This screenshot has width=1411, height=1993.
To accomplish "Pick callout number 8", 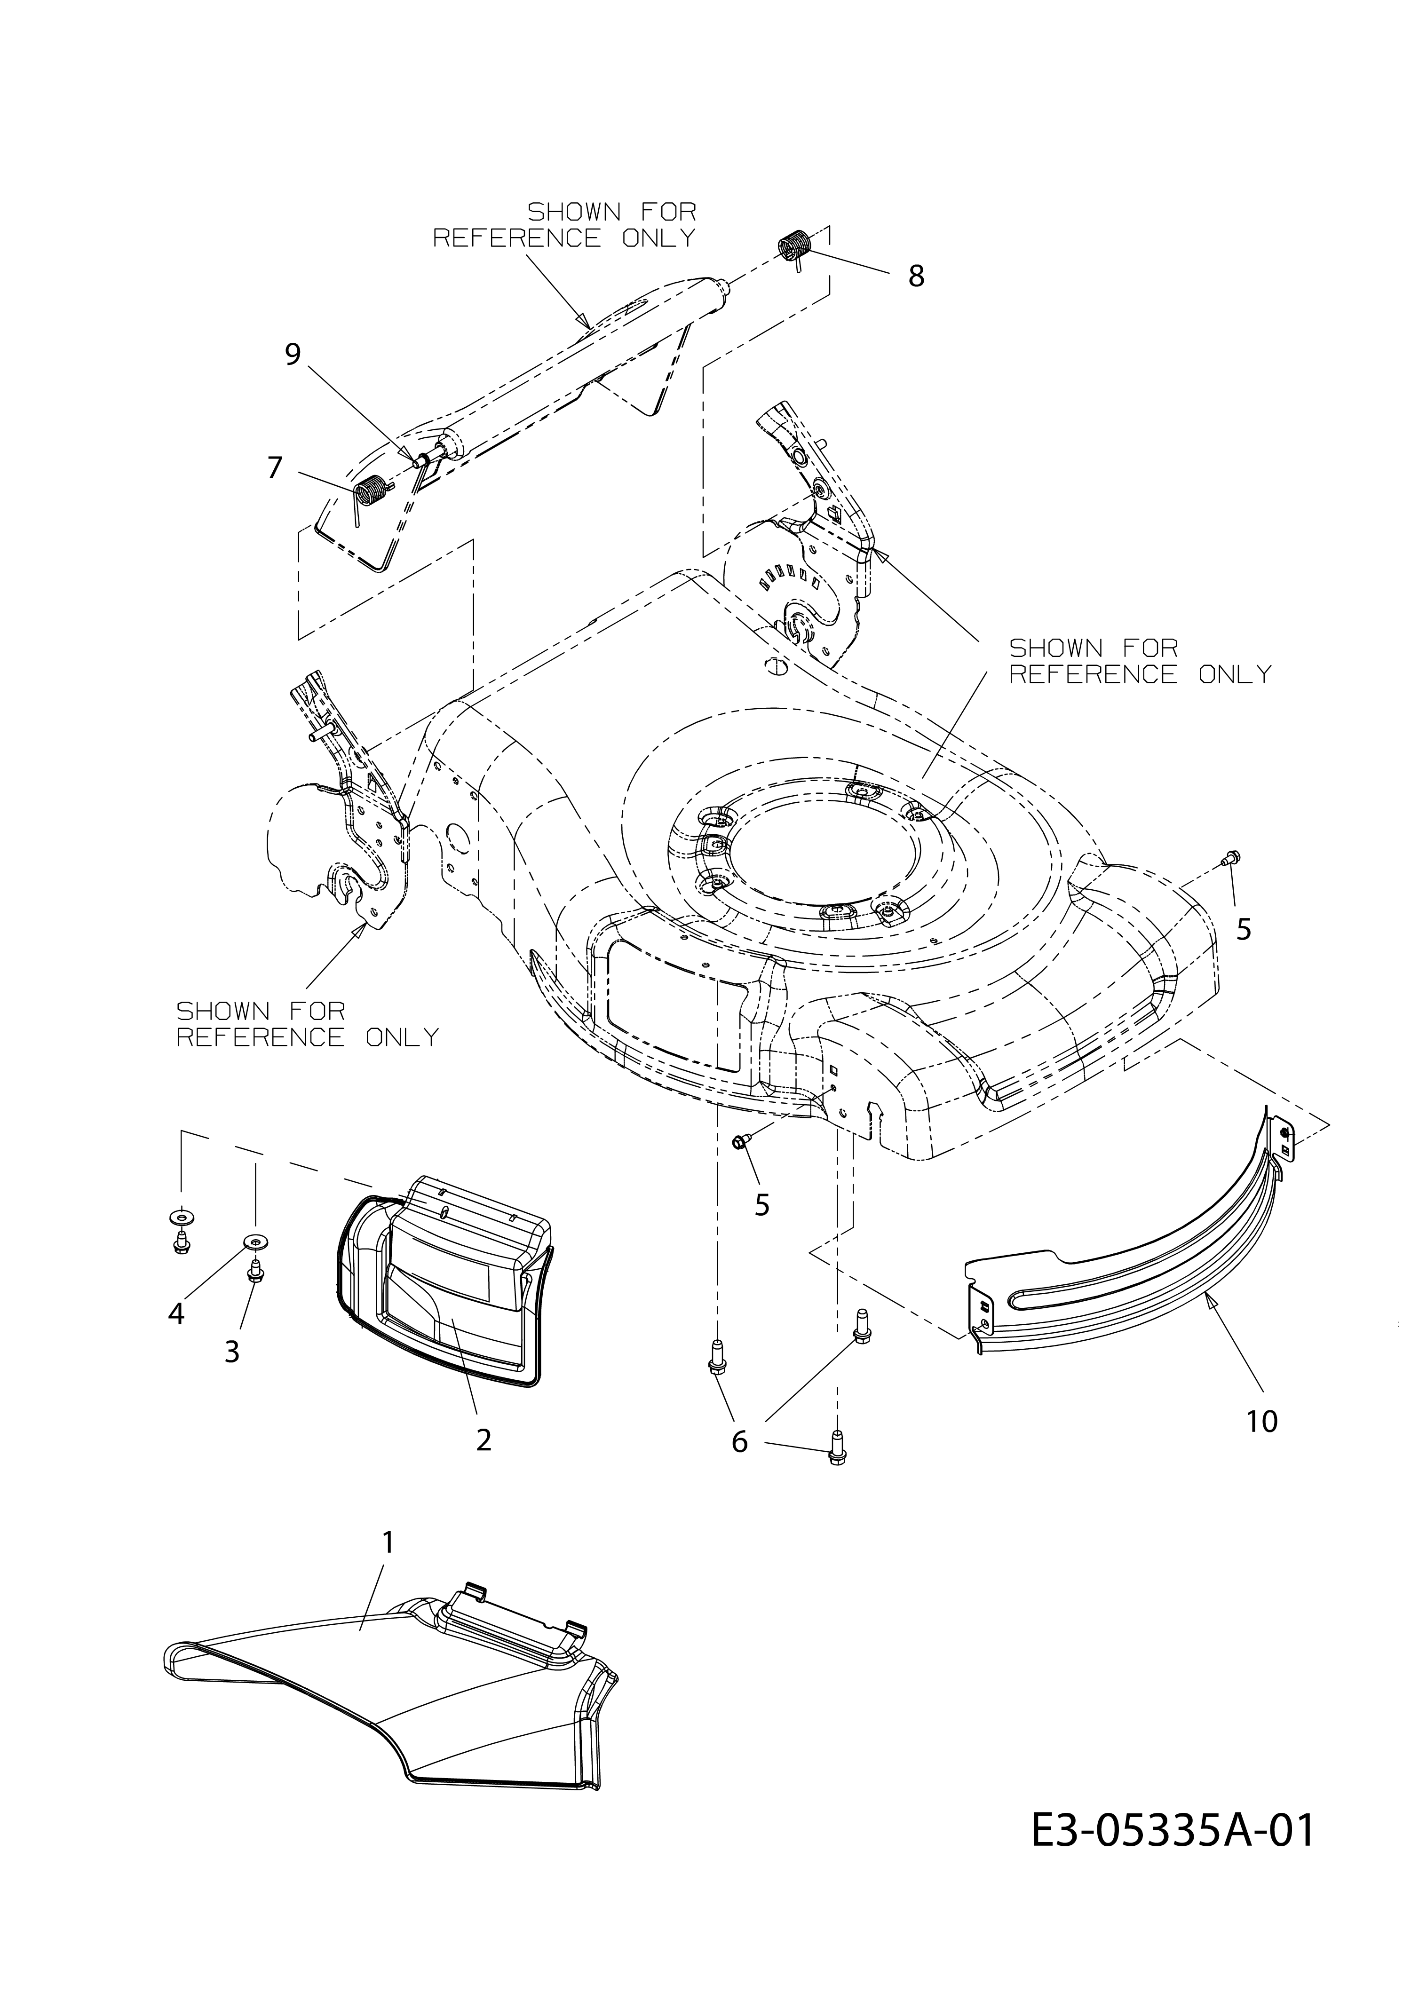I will [916, 276].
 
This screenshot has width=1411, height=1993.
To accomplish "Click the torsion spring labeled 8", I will [794, 246].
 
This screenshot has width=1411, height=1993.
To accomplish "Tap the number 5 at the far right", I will [1243, 930].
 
